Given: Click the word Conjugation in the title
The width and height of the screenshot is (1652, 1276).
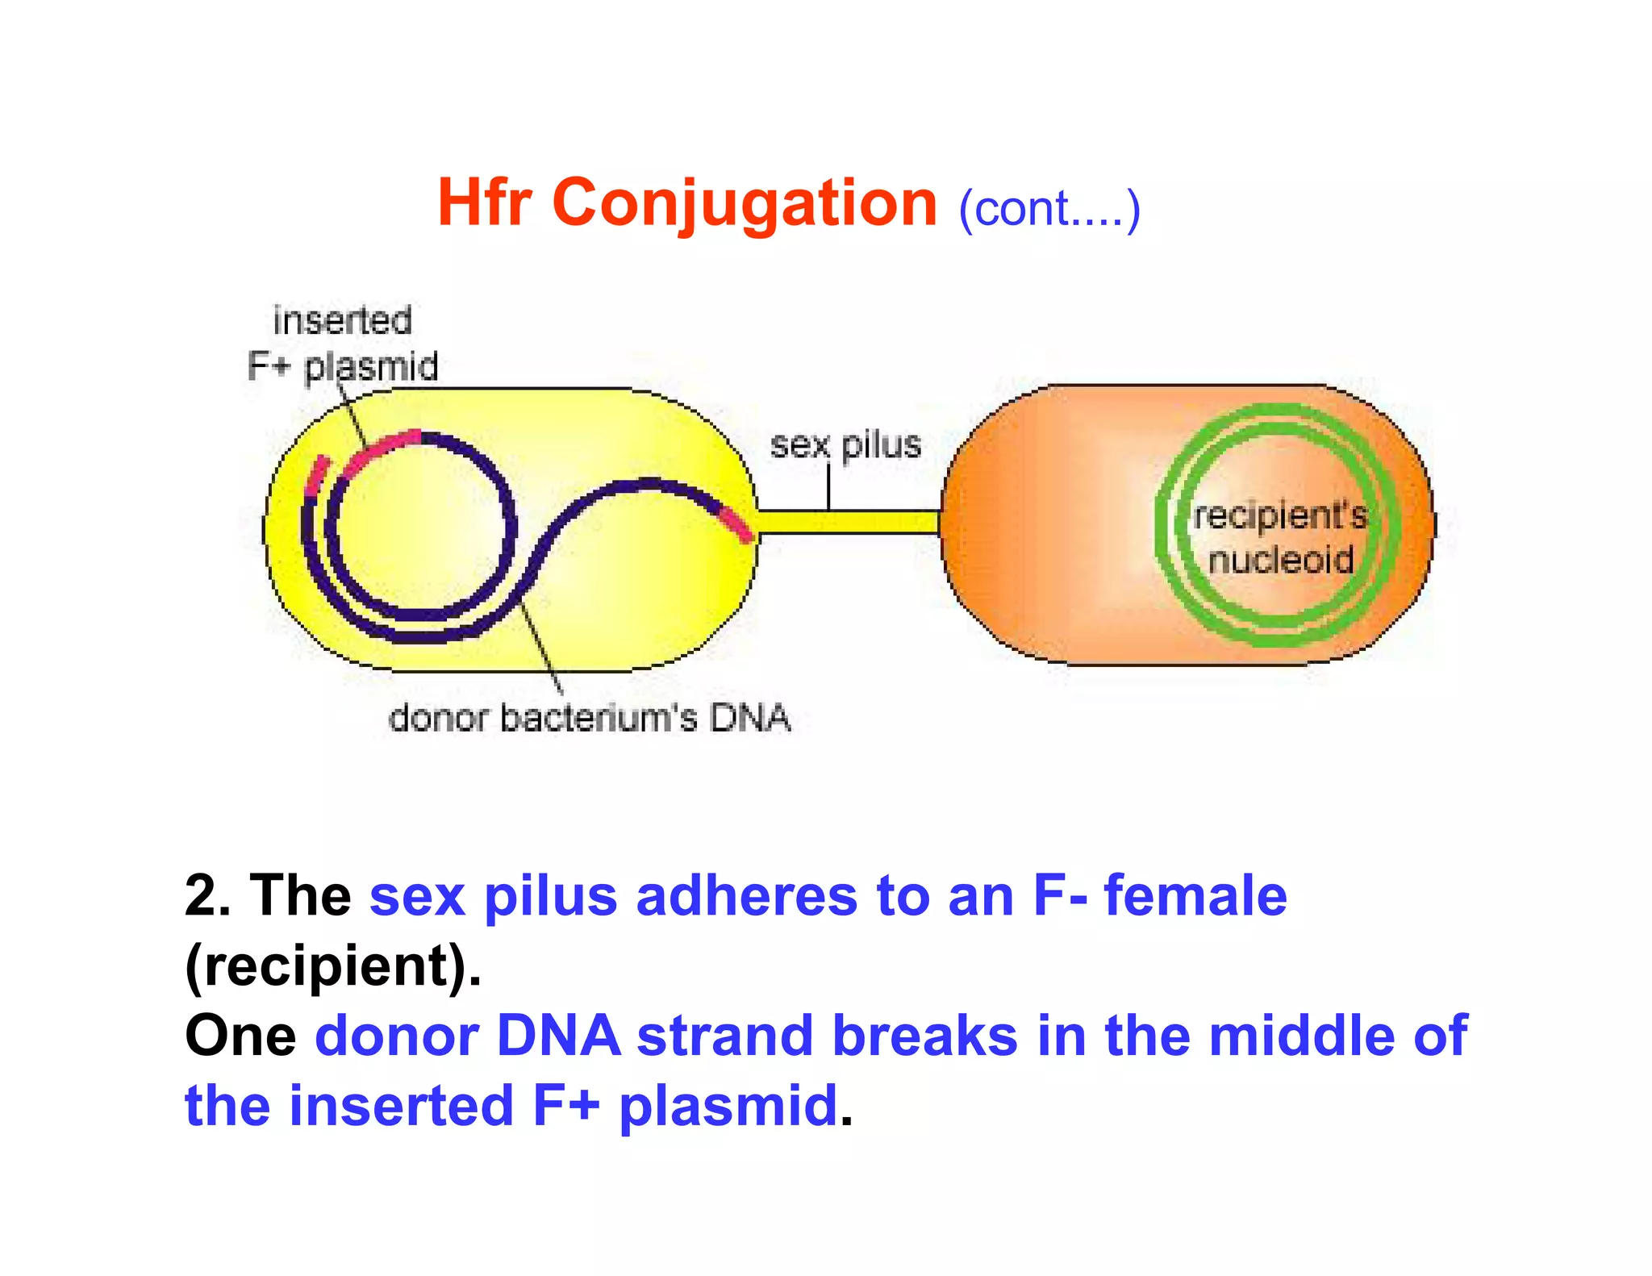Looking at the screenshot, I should click(744, 204).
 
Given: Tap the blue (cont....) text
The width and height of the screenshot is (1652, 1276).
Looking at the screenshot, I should click(1049, 209).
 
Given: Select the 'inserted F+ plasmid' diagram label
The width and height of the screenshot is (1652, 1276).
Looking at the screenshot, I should click(343, 344).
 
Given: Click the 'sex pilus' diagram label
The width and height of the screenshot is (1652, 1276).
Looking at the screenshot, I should click(845, 445).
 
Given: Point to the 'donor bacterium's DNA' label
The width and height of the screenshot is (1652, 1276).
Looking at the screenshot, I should click(589, 718).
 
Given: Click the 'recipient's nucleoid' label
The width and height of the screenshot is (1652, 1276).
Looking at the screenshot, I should click(1280, 537).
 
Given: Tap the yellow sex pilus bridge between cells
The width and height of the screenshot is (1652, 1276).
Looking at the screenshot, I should click(847, 522).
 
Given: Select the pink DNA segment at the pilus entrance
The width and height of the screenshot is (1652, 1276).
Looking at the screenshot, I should click(736, 523).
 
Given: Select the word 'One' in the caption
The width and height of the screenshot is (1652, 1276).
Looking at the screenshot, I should click(240, 1036).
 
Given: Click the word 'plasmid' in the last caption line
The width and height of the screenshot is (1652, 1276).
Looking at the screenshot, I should click(728, 1106).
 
